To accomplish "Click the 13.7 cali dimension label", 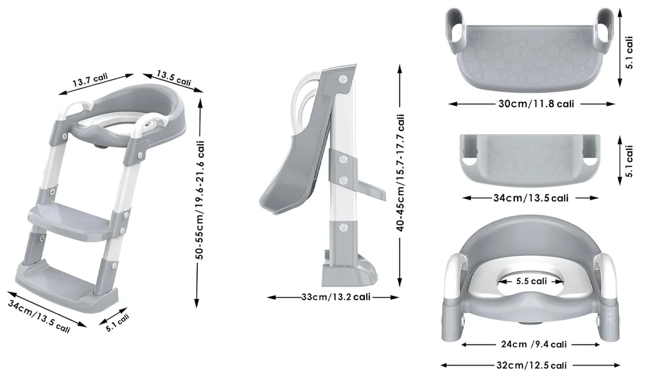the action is click(x=90, y=80).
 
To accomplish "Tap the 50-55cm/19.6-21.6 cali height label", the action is click(x=200, y=200).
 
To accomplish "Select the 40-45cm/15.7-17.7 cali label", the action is click(x=400, y=172).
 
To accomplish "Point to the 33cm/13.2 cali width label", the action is click(x=336, y=297).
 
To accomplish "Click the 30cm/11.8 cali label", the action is click(x=536, y=104).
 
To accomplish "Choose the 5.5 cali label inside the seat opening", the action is click(x=531, y=281).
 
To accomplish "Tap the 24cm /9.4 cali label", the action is click(x=534, y=344).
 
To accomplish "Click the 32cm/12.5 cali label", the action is click(x=532, y=365).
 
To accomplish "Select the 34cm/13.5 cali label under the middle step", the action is click(x=531, y=198).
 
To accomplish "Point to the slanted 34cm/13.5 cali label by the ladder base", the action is click(x=39, y=316).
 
